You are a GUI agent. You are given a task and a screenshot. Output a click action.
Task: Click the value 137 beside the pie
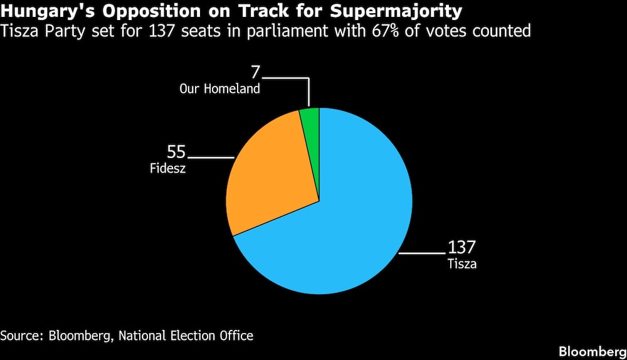pos(461,248)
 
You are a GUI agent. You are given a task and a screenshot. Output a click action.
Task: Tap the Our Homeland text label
pos(219,89)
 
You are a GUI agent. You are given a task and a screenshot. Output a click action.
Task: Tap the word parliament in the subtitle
pos(302,31)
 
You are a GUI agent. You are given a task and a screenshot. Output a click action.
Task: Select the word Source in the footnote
pos(19,336)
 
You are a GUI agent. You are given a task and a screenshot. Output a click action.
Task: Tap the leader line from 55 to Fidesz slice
pos(210,156)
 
